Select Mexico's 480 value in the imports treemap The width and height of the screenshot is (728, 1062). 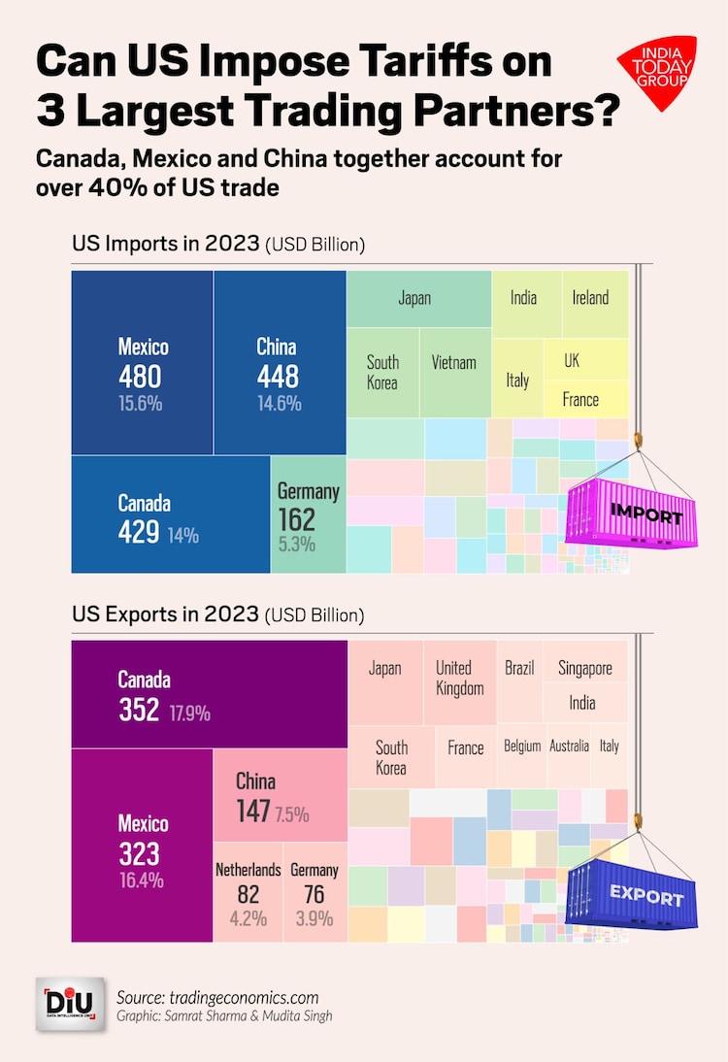pyautogui.click(x=140, y=377)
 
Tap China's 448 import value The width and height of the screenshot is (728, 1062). pyautogui.click(x=278, y=377)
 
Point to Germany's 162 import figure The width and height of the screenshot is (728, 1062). pyautogui.click(x=296, y=519)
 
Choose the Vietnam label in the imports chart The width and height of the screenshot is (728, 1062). pyautogui.click(x=454, y=362)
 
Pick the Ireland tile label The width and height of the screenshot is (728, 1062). pyautogui.click(x=590, y=297)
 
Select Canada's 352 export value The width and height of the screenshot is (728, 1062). pyautogui.click(x=139, y=711)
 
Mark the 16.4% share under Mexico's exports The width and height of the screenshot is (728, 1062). pyautogui.click(x=142, y=881)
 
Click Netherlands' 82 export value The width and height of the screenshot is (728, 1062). pyautogui.click(x=248, y=895)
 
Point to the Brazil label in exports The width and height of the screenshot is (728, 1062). pyautogui.click(x=519, y=669)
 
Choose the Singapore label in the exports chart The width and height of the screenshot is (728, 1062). pyautogui.click(x=585, y=669)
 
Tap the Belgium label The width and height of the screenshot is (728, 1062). pyautogui.click(x=522, y=747)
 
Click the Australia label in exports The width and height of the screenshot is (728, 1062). pyautogui.click(x=569, y=747)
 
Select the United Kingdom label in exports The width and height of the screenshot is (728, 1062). pyautogui.click(x=459, y=678)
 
